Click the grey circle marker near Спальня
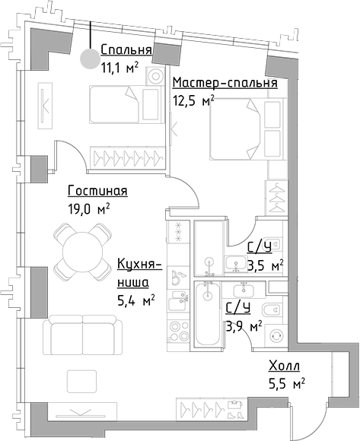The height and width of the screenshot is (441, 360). [x=90, y=57]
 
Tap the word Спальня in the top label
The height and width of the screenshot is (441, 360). [x=126, y=52]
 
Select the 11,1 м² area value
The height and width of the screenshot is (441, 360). [x=119, y=68]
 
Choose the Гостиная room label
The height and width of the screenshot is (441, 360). [x=97, y=192]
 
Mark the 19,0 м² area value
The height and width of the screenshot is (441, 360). [x=90, y=208]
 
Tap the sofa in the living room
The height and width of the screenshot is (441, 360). [x=81, y=335]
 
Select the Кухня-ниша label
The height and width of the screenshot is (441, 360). [x=139, y=273]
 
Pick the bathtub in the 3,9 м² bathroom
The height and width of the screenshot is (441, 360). [x=208, y=312]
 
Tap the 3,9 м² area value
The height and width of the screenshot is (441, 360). [x=244, y=326]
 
